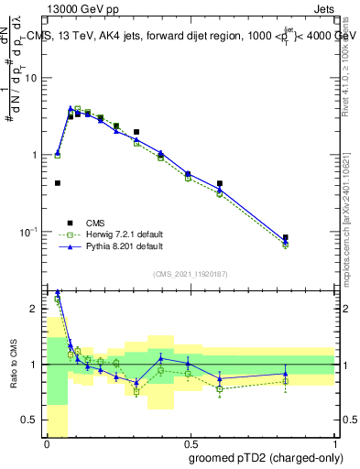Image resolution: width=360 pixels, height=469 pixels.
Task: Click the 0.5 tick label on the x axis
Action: (190, 444)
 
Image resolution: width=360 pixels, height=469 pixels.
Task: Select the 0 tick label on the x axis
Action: (47, 444)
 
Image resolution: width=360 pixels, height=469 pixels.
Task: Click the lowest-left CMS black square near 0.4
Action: (58, 183)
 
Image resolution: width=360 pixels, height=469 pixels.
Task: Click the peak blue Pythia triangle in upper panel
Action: (71, 108)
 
